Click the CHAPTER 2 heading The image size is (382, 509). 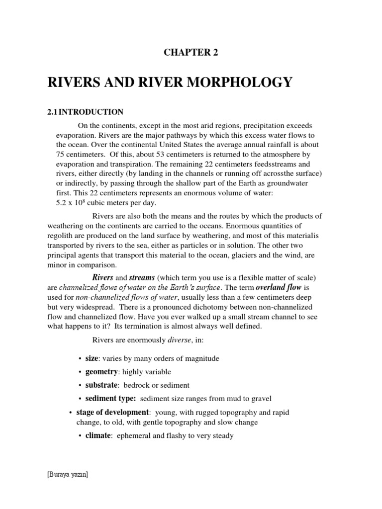pos(191,53)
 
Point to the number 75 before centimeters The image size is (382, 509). pos(60,154)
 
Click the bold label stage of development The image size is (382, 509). pos(112,413)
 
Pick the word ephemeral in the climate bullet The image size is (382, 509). pos(133,436)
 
